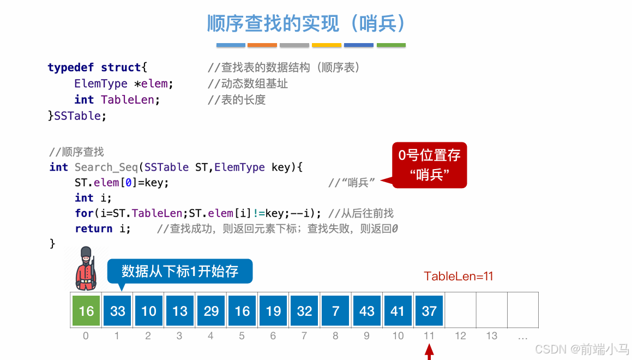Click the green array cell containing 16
pos(86,311)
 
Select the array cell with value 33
pos(117,311)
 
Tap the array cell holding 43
pos(366,311)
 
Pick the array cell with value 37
pos(429,311)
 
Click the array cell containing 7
pos(335,311)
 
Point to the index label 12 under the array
pos(461,336)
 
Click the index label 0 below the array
pos(86,336)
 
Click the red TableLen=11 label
pos(459,276)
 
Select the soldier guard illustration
pos(86,268)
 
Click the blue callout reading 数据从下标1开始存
pos(180,271)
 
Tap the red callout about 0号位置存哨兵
pos(430,165)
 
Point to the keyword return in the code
pos(94,229)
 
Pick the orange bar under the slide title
pos(262,45)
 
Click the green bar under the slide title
pos(391,45)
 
